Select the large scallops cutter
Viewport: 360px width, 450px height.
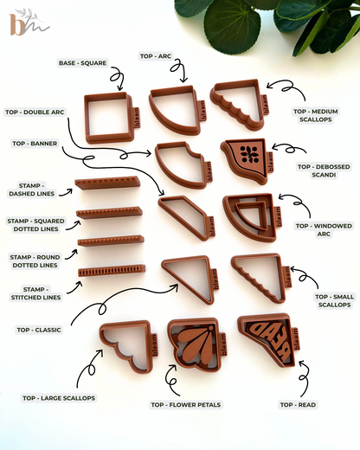click(127, 344)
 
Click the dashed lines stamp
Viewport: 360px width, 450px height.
click(107, 183)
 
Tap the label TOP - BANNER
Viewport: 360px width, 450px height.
click(35, 144)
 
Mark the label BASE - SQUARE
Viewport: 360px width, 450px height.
click(82, 63)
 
